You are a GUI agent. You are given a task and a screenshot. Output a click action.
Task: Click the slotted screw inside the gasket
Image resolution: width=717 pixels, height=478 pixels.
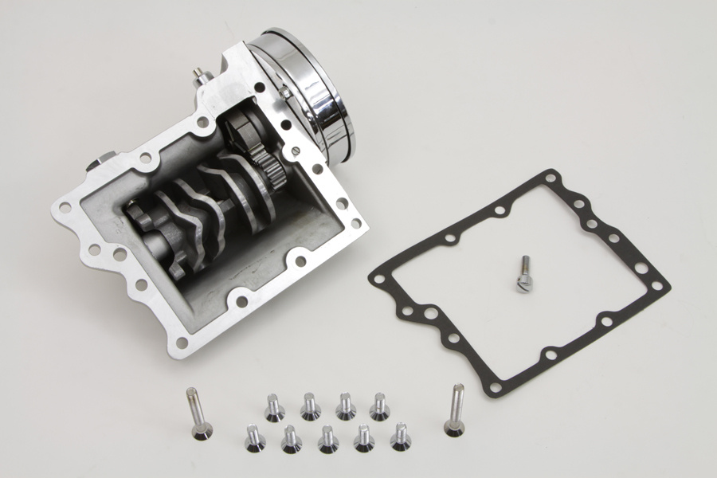pyautogui.click(x=523, y=274)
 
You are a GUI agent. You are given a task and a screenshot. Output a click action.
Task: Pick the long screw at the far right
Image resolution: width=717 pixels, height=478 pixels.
pyautogui.click(x=455, y=409)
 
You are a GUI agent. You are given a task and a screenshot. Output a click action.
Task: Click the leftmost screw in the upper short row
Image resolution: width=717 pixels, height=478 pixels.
pyautogui.click(x=274, y=408)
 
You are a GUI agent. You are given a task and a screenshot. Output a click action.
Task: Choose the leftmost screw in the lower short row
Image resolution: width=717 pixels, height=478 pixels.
pyautogui.click(x=255, y=438)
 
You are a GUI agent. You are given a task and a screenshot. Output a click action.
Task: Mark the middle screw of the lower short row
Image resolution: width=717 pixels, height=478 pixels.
pyautogui.click(x=327, y=439)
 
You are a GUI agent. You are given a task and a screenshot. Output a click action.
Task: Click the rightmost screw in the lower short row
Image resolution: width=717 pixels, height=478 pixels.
pyautogui.click(x=400, y=437)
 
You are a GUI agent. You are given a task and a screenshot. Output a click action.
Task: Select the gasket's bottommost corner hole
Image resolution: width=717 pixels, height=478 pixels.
pyautogui.click(x=497, y=387)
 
